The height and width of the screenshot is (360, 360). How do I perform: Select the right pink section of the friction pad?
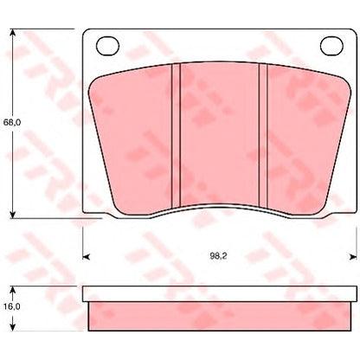(299, 130)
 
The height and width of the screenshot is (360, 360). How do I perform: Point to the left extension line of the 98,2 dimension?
(82, 242)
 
